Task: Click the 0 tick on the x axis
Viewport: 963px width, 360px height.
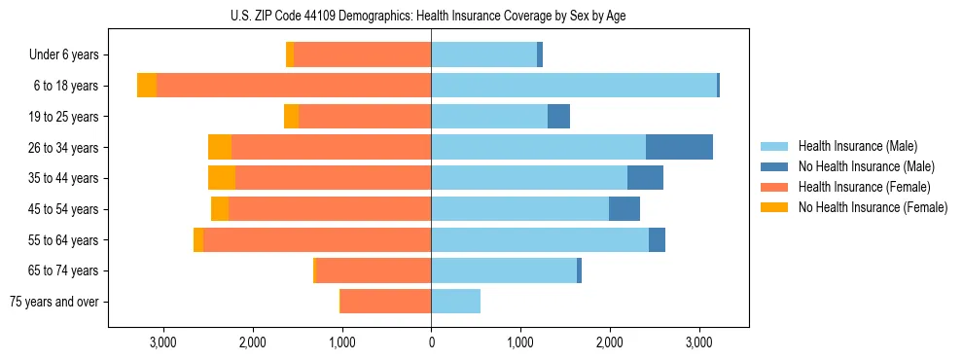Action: point(431,342)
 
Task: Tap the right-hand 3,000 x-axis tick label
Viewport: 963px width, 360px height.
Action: point(699,342)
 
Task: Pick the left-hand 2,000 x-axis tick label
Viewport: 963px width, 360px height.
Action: point(252,342)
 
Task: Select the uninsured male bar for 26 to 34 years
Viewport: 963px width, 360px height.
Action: point(679,147)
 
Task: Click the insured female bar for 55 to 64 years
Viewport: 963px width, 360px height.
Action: point(317,239)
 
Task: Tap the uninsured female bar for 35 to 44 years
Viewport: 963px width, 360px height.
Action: point(222,178)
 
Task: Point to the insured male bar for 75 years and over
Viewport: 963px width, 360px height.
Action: point(456,302)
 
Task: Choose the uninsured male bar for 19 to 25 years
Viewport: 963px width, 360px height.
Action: point(558,117)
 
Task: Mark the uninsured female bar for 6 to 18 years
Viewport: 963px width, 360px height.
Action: point(147,86)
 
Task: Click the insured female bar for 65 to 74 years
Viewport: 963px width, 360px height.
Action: point(374,270)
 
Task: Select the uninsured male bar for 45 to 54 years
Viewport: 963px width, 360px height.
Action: point(624,209)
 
